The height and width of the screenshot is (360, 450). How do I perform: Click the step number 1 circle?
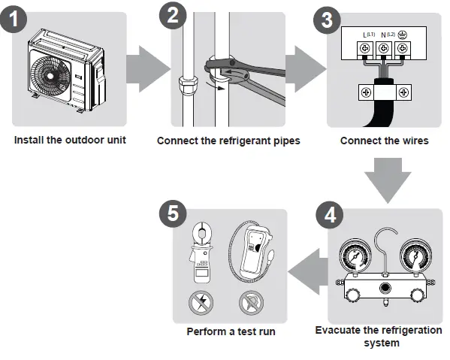(14, 20)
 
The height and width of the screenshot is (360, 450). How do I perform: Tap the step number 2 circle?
(173, 15)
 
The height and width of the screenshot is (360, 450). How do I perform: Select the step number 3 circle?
(327, 20)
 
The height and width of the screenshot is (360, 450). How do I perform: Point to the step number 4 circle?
(330, 215)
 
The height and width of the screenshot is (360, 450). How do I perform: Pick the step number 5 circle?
(173, 214)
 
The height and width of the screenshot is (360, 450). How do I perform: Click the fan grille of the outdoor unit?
(50, 76)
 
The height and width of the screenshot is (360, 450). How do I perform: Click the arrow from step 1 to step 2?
(149, 69)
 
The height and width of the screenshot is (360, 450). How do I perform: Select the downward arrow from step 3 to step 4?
(388, 180)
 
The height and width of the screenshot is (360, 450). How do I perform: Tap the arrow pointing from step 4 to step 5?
(308, 271)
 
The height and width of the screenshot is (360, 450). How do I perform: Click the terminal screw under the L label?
(365, 48)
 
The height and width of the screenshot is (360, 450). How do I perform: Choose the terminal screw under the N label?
(384, 48)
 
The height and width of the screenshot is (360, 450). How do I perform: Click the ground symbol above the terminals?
(403, 35)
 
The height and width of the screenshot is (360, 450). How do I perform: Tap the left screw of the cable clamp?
(366, 92)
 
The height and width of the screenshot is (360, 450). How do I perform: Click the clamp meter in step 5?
(201, 253)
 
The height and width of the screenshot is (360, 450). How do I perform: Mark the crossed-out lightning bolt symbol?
(201, 303)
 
